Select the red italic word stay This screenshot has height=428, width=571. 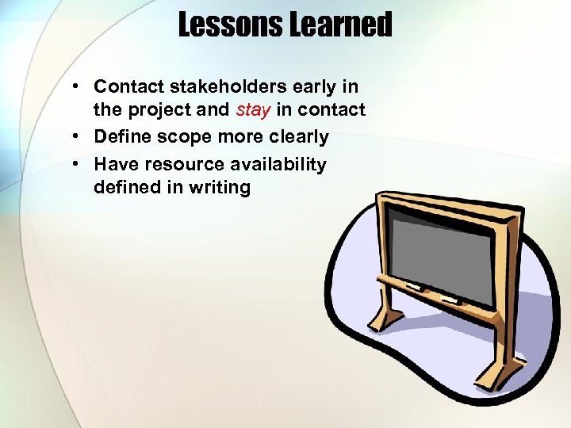(x=254, y=110)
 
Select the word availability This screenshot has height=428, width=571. (x=278, y=163)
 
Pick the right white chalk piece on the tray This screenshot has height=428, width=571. (x=450, y=300)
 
